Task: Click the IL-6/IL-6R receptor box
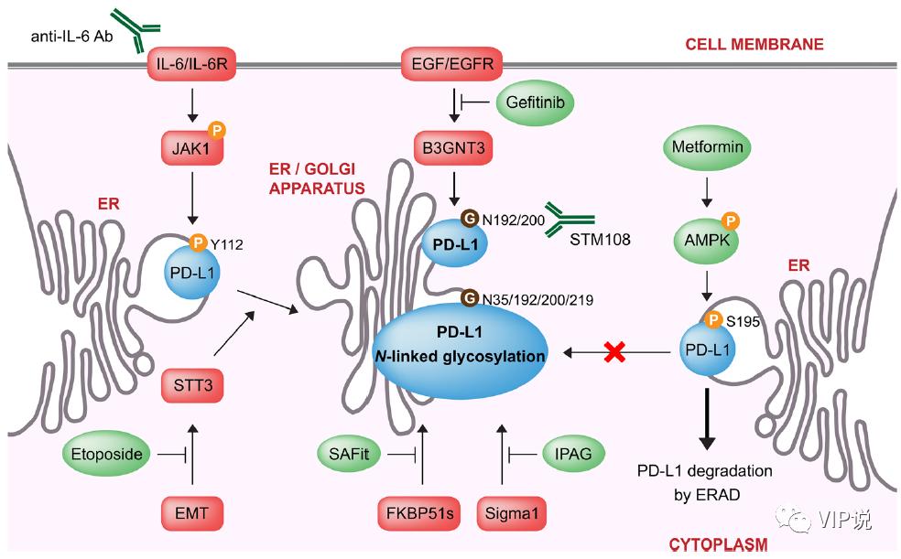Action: (x=192, y=64)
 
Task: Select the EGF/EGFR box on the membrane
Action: (x=452, y=64)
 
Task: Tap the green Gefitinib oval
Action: (x=535, y=102)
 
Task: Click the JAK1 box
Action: (x=191, y=148)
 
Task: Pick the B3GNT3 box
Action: (x=453, y=148)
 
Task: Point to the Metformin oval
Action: (x=708, y=147)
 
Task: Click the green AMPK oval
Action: (x=707, y=241)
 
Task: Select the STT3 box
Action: (x=192, y=385)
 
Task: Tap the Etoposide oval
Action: (x=106, y=455)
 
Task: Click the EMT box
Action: (x=191, y=513)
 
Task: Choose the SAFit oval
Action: (x=349, y=455)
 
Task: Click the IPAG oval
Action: (x=573, y=454)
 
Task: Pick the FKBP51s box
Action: (x=419, y=513)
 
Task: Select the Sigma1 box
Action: (x=512, y=513)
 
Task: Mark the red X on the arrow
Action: (x=614, y=352)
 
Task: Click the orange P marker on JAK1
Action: (x=217, y=130)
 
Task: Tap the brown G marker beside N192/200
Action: (x=470, y=218)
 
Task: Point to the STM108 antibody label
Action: (x=600, y=240)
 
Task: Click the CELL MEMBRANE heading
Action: (x=754, y=44)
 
